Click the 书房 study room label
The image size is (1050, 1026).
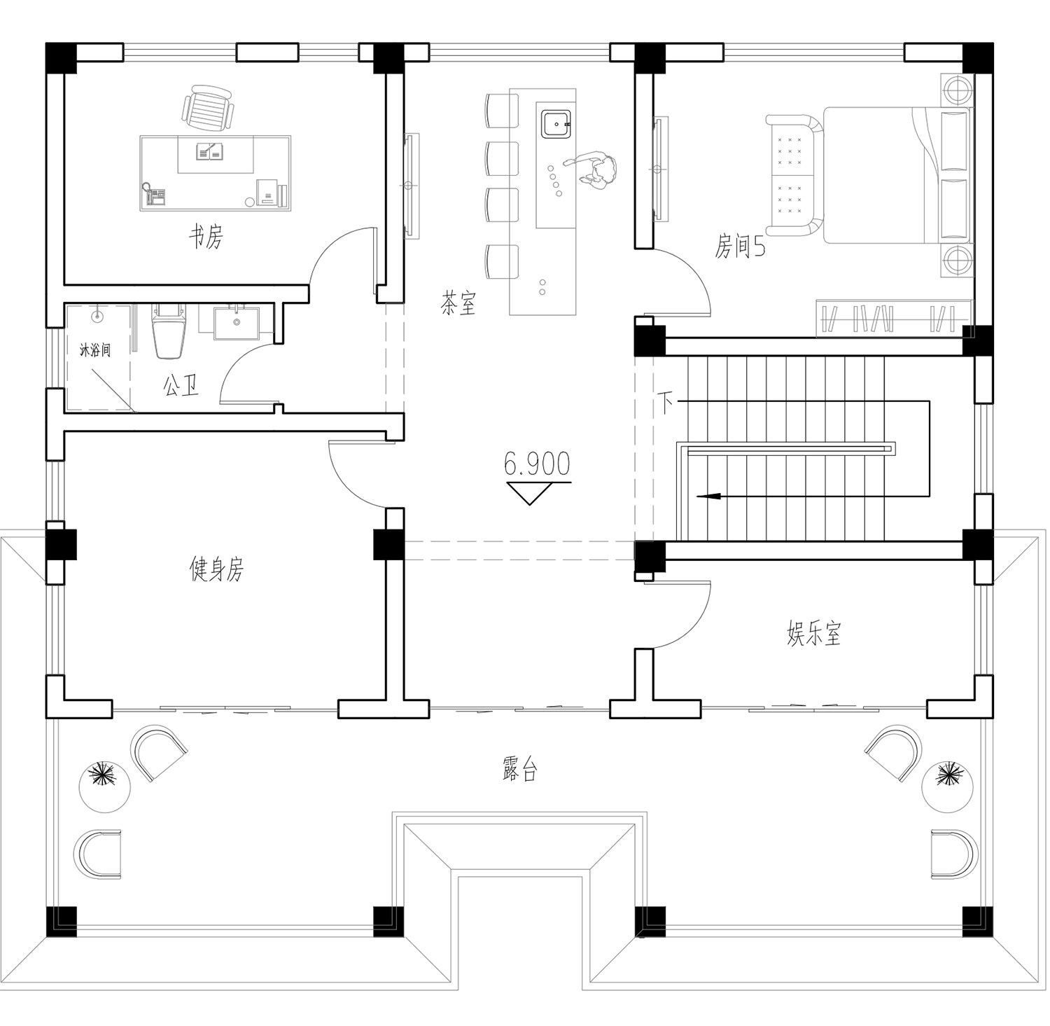206,237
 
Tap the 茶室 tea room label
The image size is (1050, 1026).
458,303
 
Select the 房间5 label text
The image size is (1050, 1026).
739,247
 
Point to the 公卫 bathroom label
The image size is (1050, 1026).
181,385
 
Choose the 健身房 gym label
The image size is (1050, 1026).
217,569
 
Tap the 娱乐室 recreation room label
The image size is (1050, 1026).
813,634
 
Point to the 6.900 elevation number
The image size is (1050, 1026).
537,464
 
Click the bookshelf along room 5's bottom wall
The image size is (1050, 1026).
894,318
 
